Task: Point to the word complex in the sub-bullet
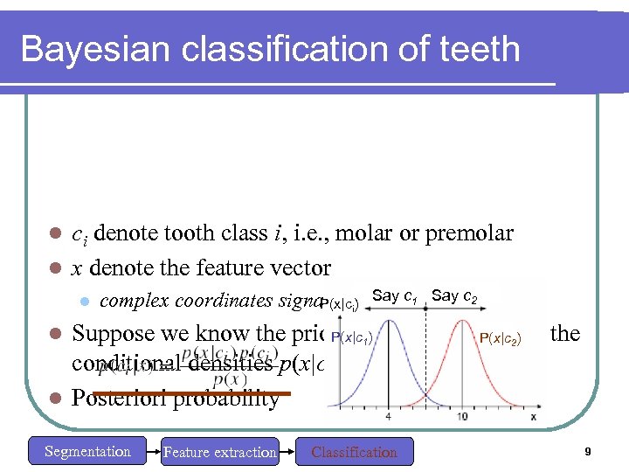click(135, 301)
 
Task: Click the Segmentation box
click(87, 451)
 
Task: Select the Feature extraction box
click(219, 452)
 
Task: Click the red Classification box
click(354, 452)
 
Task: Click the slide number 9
click(589, 451)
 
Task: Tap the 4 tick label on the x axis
click(388, 416)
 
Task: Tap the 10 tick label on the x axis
click(460, 416)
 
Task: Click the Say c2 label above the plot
click(454, 295)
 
